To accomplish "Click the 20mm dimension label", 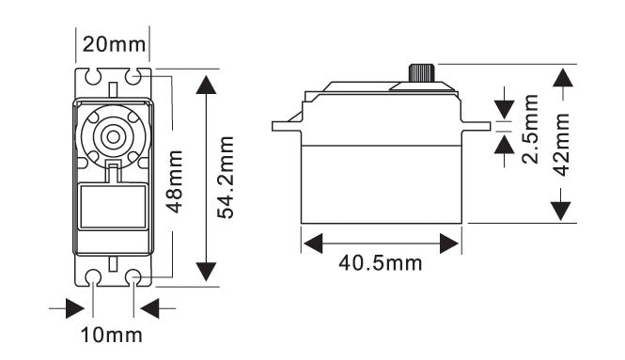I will (x=115, y=44).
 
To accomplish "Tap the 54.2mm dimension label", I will (x=226, y=177).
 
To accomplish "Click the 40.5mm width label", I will (x=381, y=263).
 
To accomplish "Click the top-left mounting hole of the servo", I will (x=94, y=75).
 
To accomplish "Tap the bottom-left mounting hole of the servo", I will (x=94, y=277).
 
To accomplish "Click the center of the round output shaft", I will (x=114, y=135).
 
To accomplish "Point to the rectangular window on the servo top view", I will (x=114, y=206).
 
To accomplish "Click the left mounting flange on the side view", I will (x=286, y=124).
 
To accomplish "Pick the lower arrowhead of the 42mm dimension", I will (x=562, y=208).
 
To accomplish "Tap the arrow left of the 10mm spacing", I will (x=70, y=307).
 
